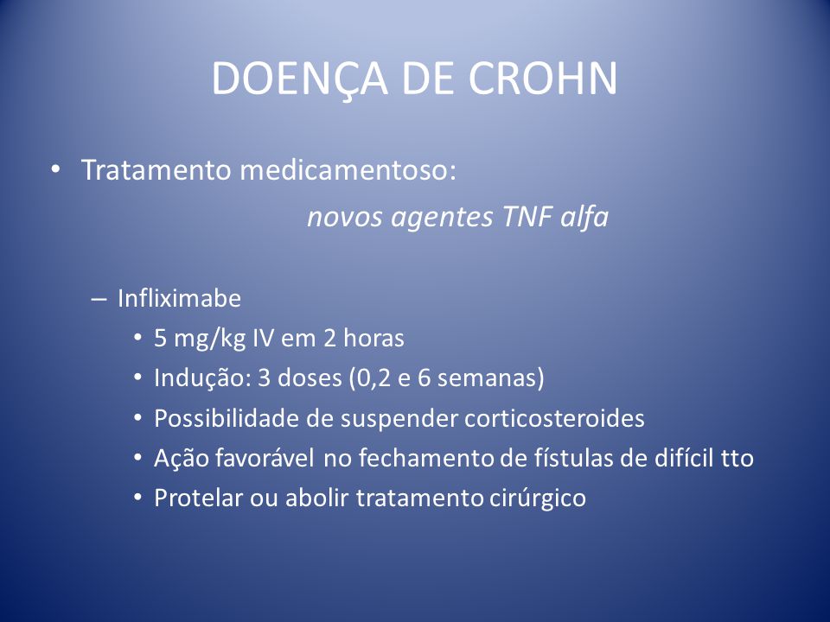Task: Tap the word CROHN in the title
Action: [x=543, y=79]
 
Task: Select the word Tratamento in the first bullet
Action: [x=156, y=170]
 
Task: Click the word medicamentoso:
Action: [x=348, y=170]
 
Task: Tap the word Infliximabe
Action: [x=180, y=298]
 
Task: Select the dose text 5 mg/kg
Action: [x=200, y=339]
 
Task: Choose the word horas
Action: [x=373, y=338]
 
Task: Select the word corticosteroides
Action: [x=554, y=418]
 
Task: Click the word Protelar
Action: [x=198, y=498]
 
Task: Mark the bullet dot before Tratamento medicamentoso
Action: [x=55, y=170]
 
